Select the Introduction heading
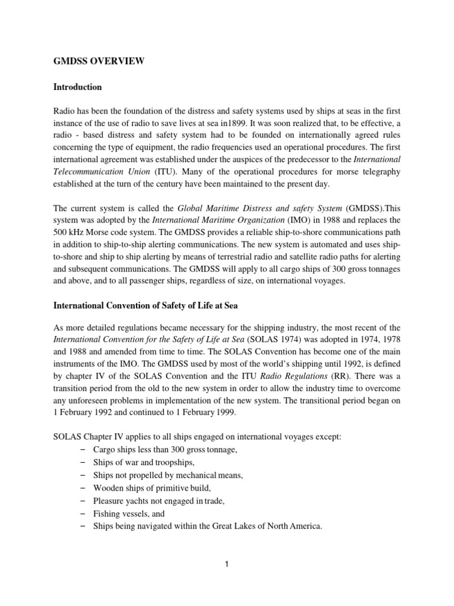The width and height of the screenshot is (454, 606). [x=77, y=87]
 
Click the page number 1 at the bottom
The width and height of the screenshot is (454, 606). [x=226, y=564]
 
